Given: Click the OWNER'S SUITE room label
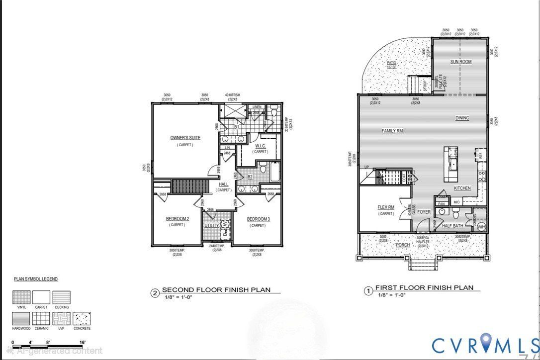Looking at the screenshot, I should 185,138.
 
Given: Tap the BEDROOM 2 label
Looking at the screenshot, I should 177,219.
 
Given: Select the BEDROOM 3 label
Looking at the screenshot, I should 258,219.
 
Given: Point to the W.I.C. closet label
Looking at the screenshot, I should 261,146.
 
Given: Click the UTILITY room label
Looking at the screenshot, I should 211,226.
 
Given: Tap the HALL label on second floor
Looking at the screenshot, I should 224,184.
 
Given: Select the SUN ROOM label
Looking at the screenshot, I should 461,62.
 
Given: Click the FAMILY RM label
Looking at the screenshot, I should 392,131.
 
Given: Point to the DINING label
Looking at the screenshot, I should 462,118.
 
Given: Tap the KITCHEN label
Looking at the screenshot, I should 462,188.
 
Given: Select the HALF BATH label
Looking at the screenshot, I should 453,226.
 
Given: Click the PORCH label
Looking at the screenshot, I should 402,245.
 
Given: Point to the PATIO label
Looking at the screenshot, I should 392,63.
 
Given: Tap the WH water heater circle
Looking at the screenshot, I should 481,227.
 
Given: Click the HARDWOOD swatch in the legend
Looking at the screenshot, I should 21,318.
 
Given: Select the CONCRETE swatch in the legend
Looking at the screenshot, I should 82,318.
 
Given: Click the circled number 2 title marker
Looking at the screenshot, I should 155,293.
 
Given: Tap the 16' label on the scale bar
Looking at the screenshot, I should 82,342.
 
